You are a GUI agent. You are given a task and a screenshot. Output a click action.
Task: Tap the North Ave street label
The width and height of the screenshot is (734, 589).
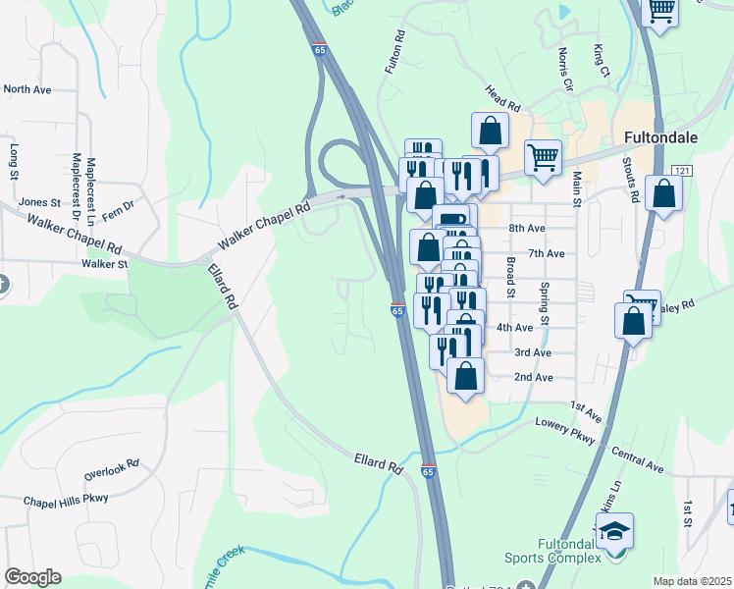27,89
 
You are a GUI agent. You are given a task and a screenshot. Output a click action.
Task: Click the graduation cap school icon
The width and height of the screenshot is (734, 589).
614,532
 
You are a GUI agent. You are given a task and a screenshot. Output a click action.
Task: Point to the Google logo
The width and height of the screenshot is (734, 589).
32,577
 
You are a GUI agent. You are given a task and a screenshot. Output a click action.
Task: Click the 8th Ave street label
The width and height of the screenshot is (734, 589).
527,228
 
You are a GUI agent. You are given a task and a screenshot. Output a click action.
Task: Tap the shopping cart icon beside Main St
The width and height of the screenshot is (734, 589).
543,156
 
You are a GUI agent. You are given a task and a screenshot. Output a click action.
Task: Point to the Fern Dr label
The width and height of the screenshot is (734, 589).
116,207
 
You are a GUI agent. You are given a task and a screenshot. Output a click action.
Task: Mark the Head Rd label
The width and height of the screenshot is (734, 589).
500,96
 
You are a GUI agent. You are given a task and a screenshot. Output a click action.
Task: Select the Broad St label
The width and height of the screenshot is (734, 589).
510,276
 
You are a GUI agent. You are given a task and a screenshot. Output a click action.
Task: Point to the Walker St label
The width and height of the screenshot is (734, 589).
105,263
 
